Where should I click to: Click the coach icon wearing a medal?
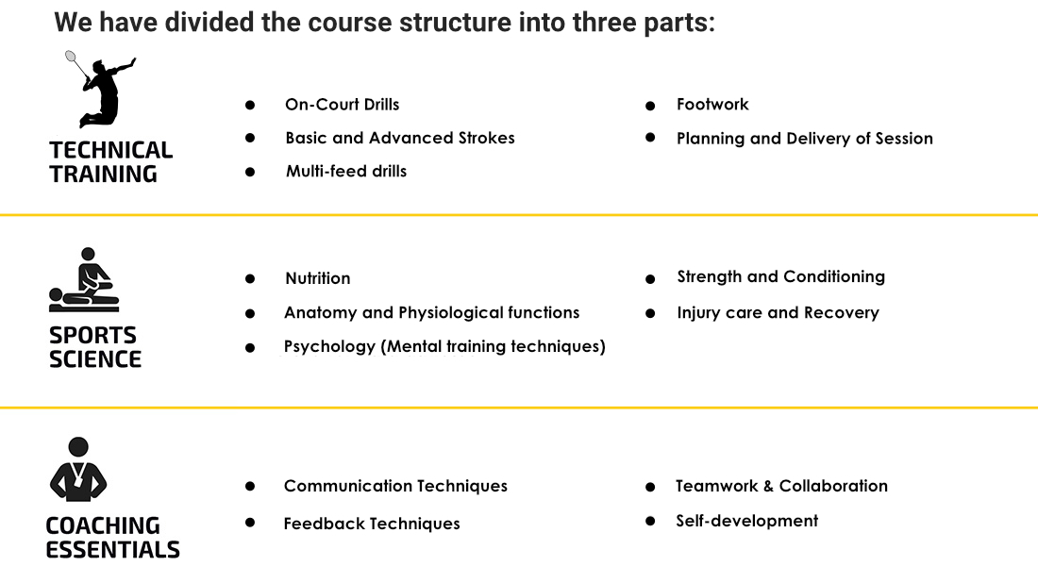78,469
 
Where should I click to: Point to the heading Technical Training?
110,162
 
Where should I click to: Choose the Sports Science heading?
94,347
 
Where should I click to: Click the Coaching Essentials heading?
112,538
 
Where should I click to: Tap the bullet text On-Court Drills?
343,105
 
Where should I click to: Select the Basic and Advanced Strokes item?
400,138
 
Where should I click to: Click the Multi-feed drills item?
346,171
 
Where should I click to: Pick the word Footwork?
712,104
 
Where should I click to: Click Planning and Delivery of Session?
804,139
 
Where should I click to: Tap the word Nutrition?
318,278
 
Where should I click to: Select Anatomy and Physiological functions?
431,312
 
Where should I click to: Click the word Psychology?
329,346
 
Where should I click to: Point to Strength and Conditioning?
780,276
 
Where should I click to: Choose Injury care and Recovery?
778,312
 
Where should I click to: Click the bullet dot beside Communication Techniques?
249,486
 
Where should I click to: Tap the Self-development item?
746,521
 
